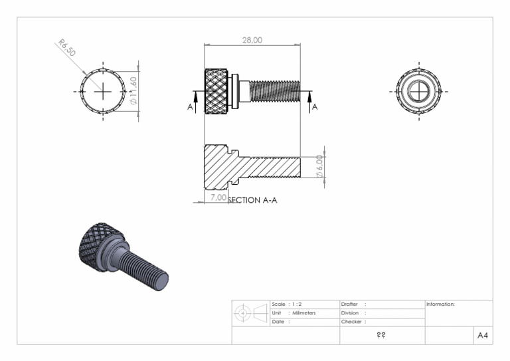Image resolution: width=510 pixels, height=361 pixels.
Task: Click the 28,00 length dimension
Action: (x=252, y=41)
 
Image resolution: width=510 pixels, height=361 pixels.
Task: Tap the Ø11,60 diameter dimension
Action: (x=133, y=91)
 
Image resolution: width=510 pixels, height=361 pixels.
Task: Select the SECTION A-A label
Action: (x=253, y=200)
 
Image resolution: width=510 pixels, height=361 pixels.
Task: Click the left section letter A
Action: (x=191, y=106)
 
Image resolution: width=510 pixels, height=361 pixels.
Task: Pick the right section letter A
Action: (x=315, y=106)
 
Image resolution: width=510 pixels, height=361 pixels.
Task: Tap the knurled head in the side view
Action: (x=216, y=91)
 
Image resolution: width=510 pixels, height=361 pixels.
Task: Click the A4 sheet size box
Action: (x=482, y=336)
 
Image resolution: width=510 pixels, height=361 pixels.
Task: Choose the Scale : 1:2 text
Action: (x=287, y=304)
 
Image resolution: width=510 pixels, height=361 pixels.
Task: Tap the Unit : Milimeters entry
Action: (x=294, y=312)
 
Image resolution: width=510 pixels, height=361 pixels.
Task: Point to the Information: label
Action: (x=440, y=304)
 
